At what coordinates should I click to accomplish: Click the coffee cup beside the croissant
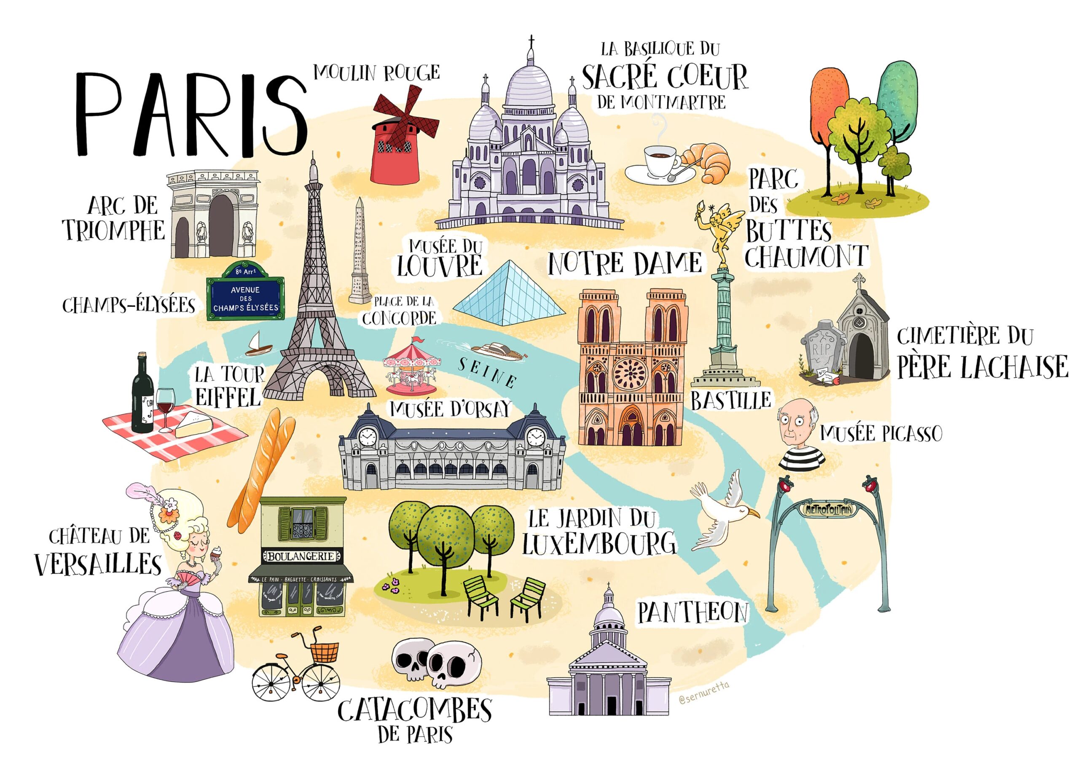click(x=659, y=160)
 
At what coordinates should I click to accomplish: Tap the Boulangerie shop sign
click(x=301, y=556)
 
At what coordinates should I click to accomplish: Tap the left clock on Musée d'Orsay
click(x=367, y=437)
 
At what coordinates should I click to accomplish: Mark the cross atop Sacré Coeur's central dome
click(x=531, y=41)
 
